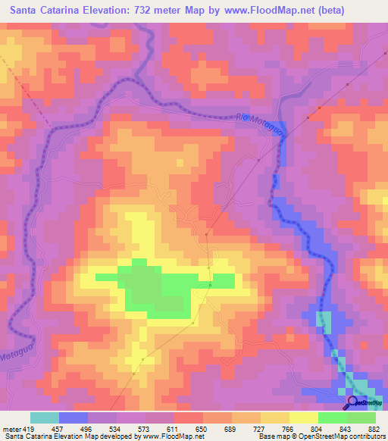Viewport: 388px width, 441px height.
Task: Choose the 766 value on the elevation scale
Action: (x=289, y=428)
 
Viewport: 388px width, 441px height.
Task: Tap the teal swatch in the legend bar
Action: (x=45, y=418)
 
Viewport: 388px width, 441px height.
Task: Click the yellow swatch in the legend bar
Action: (x=303, y=418)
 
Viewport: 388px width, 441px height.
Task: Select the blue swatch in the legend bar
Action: (x=74, y=418)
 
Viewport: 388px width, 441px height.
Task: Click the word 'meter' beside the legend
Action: (x=8, y=428)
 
